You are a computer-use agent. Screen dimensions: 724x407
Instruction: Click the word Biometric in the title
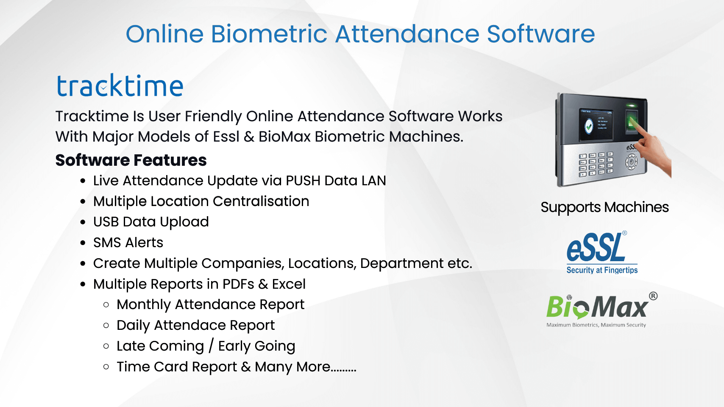[x=269, y=33]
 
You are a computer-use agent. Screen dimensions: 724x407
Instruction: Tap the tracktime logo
[x=120, y=85]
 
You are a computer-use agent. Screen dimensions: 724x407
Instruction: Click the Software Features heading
[x=131, y=160]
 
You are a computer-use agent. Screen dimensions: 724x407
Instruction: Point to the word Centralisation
[x=261, y=201]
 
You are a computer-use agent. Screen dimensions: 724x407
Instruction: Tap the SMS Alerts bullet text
[x=128, y=243]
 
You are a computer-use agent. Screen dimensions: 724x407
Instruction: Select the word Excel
[x=289, y=284]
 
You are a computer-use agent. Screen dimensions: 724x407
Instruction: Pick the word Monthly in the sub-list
[x=144, y=305]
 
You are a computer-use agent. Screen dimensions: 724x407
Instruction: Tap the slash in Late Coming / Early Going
[x=211, y=346]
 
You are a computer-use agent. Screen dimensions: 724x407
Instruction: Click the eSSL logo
[x=602, y=252]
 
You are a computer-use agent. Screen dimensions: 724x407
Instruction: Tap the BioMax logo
[x=601, y=309]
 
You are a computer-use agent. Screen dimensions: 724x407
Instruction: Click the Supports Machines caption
[x=604, y=207]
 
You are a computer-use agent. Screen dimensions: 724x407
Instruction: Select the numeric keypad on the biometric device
[x=596, y=164]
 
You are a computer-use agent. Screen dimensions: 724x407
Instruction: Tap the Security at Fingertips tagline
[x=602, y=270]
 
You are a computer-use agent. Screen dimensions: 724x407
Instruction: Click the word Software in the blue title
[x=541, y=33]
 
